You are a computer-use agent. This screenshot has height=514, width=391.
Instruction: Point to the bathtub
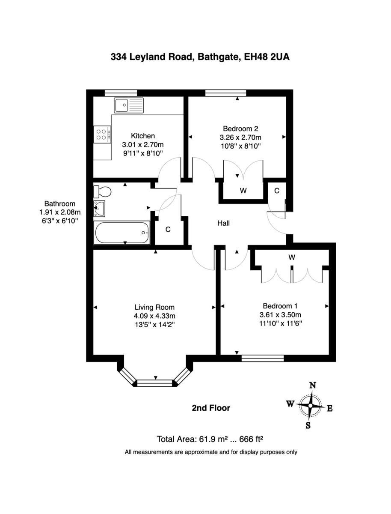(x=122, y=233)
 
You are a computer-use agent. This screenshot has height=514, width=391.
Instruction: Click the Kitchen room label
(x=143, y=136)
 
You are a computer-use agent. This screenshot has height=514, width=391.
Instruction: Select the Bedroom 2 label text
(x=240, y=128)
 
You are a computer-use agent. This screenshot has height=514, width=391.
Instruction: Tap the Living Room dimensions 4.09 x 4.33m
(x=154, y=316)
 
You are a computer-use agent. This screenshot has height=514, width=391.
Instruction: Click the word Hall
(x=223, y=223)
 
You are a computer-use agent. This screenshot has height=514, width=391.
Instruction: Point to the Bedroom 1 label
(x=280, y=306)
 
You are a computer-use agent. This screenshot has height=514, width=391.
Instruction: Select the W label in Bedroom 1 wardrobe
(x=292, y=257)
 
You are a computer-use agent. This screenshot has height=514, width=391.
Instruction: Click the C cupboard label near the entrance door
(x=277, y=191)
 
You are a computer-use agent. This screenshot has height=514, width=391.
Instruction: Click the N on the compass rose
(x=313, y=385)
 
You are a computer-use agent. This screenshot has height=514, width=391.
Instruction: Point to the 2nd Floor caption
(x=211, y=408)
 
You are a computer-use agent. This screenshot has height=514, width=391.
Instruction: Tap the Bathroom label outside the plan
(x=60, y=204)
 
